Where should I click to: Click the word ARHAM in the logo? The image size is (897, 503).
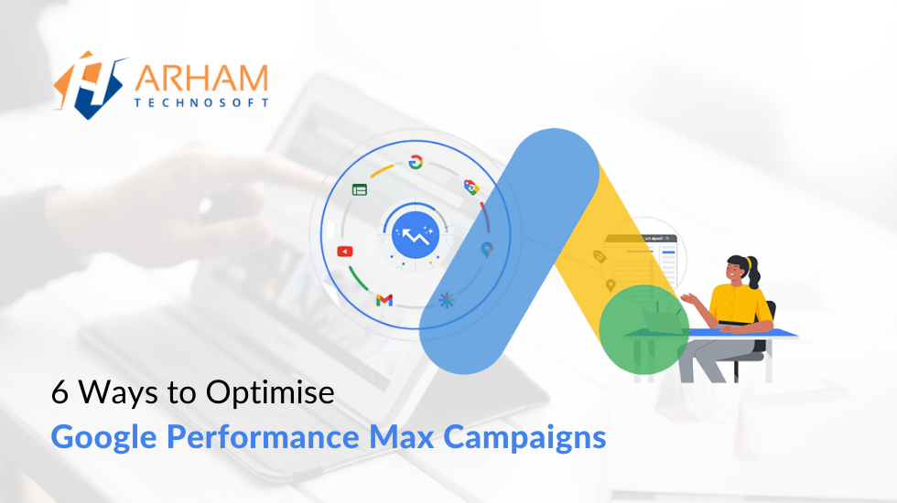pyautogui.click(x=201, y=79)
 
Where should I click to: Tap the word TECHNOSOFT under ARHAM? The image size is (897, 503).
pyautogui.click(x=201, y=102)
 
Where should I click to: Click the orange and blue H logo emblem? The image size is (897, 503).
pyautogui.click(x=90, y=84)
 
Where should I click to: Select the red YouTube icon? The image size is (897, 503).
pyautogui.click(x=345, y=251)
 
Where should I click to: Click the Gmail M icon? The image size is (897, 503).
pyautogui.click(x=384, y=300)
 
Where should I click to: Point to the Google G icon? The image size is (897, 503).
pyautogui.click(x=416, y=163)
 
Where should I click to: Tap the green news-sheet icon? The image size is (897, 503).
pyautogui.click(x=359, y=190)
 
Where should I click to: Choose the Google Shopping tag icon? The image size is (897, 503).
pyautogui.click(x=471, y=187)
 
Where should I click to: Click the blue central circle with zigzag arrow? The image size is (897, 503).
pyautogui.click(x=416, y=234)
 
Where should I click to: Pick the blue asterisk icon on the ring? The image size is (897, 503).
pyautogui.click(x=447, y=300)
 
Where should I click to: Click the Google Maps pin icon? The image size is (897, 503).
pyautogui.click(x=487, y=250)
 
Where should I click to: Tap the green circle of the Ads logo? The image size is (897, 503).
pyautogui.click(x=644, y=330)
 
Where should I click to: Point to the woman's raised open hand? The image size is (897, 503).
pyautogui.click(x=691, y=299)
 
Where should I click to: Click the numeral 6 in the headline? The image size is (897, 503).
pyautogui.click(x=59, y=392)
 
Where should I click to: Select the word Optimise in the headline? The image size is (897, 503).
pyautogui.click(x=270, y=393)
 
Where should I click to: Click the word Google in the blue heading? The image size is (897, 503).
pyautogui.click(x=104, y=438)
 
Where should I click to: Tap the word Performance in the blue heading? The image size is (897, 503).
pyautogui.click(x=264, y=437)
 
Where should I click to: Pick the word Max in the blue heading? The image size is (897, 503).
pyautogui.click(x=402, y=437)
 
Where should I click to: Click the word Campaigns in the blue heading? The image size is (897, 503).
pyautogui.click(x=524, y=438)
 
